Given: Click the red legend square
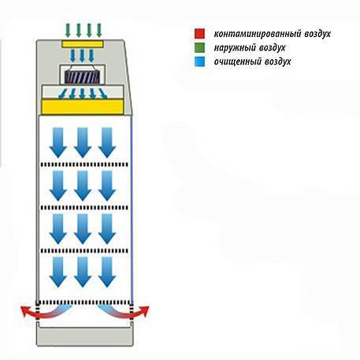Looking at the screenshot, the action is [x=199, y=34].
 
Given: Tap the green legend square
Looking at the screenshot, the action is [x=199, y=47].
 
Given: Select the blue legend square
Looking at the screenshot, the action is [x=199, y=61].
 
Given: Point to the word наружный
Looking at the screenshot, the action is [x=235, y=48].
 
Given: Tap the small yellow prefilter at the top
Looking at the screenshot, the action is [x=82, y=44].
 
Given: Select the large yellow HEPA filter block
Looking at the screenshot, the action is [x=83, y=106].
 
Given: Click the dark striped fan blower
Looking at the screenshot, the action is [x=83, y=77].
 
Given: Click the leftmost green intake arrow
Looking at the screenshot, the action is [x=68, y=30].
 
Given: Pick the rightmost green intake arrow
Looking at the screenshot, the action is [x=99, y=30].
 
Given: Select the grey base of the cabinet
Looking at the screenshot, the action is [x=84, y=336].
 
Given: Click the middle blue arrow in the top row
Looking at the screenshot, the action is [x=83, y=143].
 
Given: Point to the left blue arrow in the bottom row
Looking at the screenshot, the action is [x=58, y=272].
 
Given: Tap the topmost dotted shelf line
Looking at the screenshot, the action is [x=84, y=165].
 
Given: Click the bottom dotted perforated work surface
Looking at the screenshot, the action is [x=84, y=302].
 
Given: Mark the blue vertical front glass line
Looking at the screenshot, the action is [x=132, y=209].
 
